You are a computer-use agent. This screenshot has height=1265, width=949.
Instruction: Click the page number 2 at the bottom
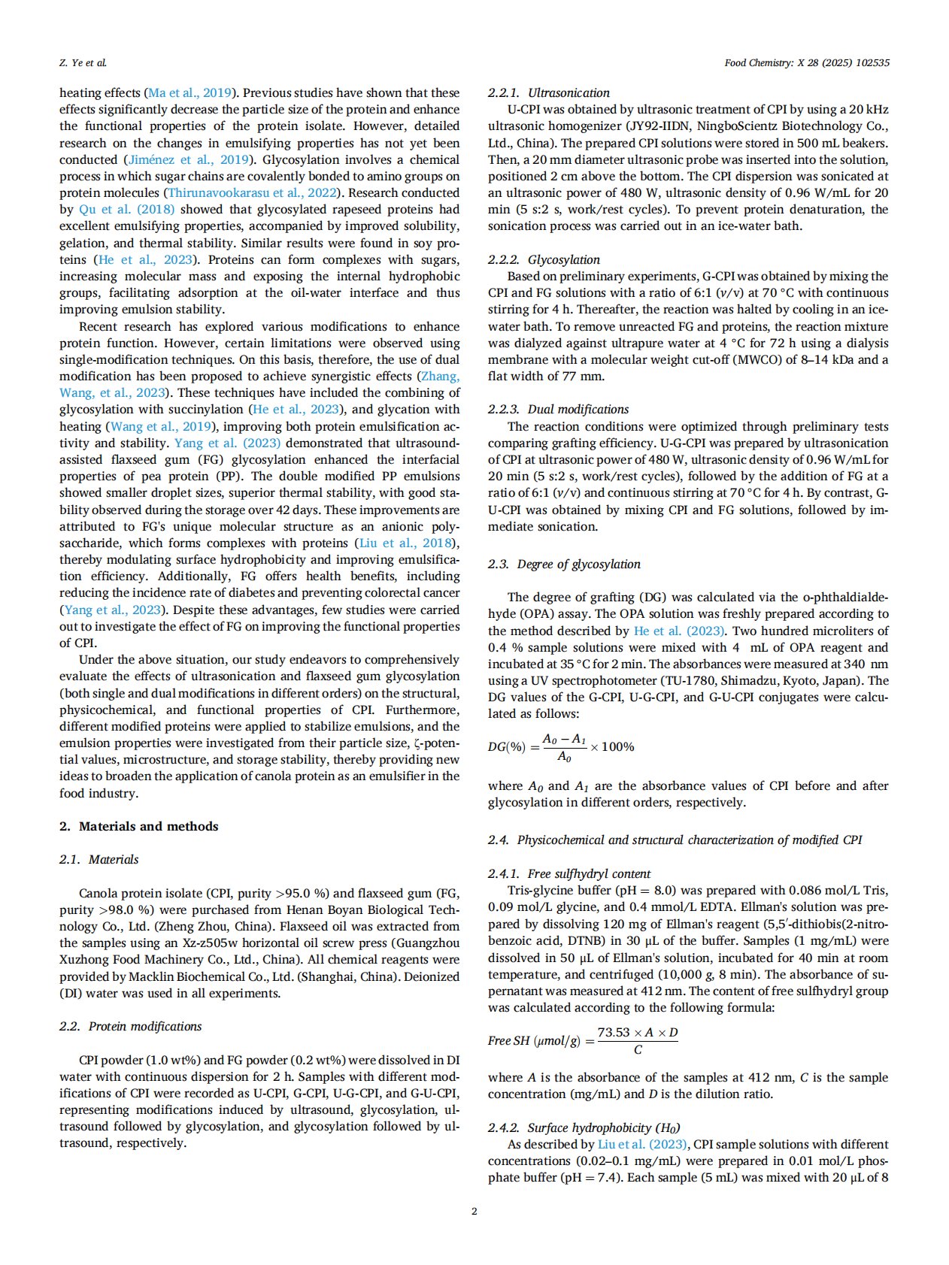(474, 1211)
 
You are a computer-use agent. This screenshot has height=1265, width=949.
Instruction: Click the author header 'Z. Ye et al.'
(83, 63)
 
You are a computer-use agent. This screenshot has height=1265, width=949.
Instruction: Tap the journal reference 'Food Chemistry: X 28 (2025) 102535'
(806, 63)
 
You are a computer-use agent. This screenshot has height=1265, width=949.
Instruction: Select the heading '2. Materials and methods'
(139, 826)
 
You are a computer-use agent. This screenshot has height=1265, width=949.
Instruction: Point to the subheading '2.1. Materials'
(99, 859)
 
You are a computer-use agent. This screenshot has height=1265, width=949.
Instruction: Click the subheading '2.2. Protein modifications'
(131, 1026)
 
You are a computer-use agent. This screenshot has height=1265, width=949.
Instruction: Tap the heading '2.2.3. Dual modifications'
(558, 409)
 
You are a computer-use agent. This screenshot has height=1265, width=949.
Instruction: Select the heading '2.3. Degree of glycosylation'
(564, 564)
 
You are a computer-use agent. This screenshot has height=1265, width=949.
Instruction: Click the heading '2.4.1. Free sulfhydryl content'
(569, 873)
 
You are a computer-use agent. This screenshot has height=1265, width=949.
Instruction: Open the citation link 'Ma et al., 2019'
(189, 92)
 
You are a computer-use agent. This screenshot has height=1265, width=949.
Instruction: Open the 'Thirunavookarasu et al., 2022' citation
(252, 192)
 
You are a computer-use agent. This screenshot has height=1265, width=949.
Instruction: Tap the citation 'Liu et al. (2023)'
(642, 1144)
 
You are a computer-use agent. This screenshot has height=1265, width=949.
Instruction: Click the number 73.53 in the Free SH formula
(614, 1032)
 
